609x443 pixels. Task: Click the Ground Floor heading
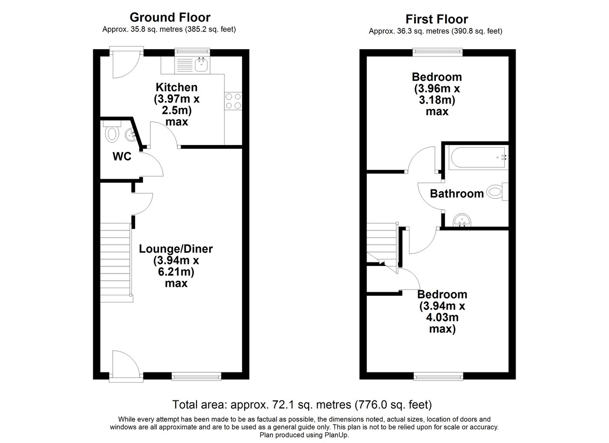pos(170,17)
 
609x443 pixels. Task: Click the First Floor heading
pos(436,19)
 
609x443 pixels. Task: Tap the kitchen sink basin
pos(201,64)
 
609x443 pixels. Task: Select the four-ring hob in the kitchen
pos(233,101)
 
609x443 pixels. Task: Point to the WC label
pos(122,156)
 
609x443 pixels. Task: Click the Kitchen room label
pos(177,87)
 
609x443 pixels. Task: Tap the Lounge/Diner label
pos(176,249)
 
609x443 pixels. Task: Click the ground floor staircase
pos(117,262)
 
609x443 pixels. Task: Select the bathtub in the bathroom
pos(478,157)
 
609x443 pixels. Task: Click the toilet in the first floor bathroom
pos(497,192)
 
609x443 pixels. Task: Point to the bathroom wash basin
pos(462,220)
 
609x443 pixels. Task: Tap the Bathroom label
pos(457,194)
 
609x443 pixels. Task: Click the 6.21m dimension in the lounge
pos(176,272)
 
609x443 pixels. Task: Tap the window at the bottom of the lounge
pos(196,377)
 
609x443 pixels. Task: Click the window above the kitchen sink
pos(192,52)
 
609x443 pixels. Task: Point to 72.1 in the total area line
pos(284,404)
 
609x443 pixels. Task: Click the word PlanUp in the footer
pos(336,435)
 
